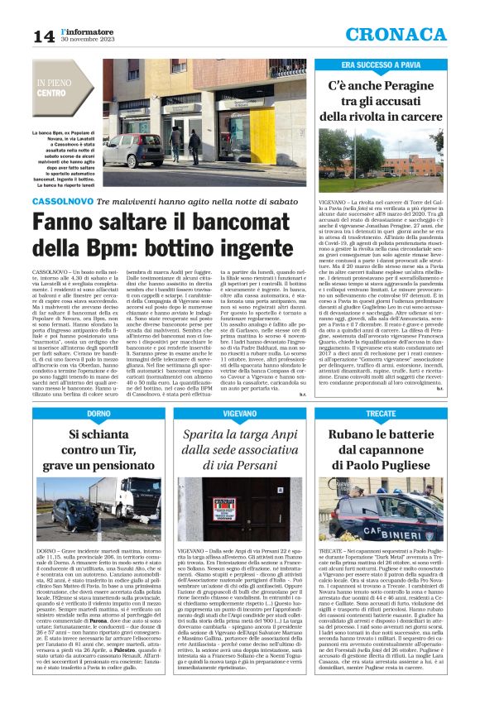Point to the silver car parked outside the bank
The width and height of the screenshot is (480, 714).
tap(132, 152)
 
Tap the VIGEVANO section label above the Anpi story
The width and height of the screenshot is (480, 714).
tap(239, 413)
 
